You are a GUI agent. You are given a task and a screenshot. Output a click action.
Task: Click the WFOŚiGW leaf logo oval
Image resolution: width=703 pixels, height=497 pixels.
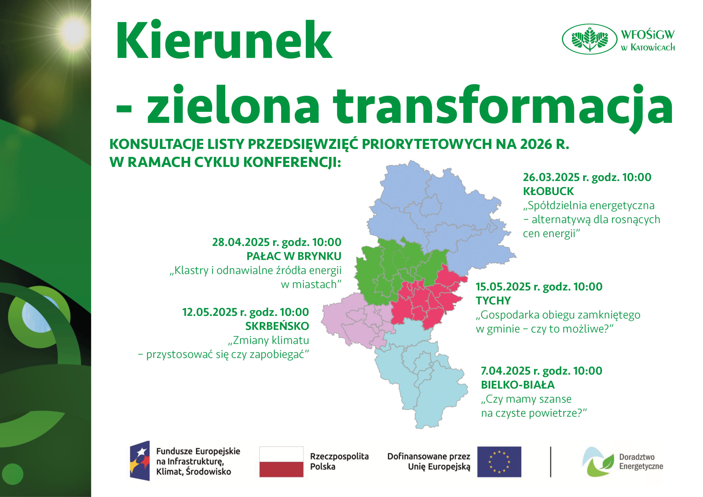[x=589, y=39]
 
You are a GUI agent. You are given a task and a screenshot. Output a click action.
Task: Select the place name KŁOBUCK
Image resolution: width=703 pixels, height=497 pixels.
[x=548, y=191]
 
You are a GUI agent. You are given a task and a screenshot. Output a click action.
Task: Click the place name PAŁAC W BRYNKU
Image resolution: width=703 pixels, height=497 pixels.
[x=294, y=256]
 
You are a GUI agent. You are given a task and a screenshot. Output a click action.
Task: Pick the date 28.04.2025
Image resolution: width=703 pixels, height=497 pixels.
[x=241, y=242]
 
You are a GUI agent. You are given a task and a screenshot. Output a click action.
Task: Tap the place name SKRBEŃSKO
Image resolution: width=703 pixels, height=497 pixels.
[x=277, y=326]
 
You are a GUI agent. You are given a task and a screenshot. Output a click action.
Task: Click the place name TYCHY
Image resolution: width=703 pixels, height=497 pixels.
[x=493, y=300]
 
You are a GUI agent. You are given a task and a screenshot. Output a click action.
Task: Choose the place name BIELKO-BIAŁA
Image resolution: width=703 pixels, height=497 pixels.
[x=518, y=385]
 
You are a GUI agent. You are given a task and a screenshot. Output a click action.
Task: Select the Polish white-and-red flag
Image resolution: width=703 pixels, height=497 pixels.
[x=281, y=462]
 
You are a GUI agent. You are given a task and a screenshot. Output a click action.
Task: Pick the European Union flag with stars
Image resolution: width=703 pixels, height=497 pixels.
[x=499, y=462]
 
